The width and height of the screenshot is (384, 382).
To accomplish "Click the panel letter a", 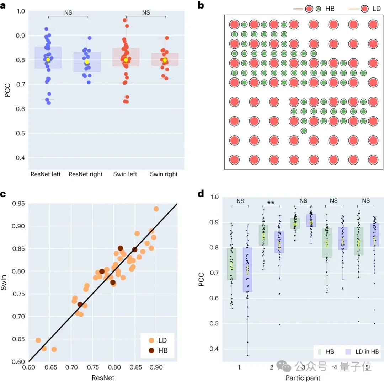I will pos(5,5).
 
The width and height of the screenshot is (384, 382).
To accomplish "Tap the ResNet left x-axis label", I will pos(46,174).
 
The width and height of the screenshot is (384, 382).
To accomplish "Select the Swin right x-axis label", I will pos(164,174).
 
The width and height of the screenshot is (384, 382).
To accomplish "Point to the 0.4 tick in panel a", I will pos(21,157).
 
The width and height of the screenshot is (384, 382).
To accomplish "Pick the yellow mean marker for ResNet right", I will pos(87,62).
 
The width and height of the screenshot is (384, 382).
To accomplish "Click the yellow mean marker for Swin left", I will pos(126,60).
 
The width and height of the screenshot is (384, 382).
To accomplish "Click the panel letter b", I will pos(201,5).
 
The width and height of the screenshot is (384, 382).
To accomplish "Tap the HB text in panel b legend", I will pos(330,9).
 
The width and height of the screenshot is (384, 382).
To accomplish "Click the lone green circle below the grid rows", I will pos(304,131).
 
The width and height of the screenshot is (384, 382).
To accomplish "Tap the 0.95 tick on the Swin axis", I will pos(18,204).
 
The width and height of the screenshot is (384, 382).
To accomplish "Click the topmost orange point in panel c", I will pos(156,209).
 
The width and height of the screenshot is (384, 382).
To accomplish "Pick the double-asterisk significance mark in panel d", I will pos(271,203).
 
